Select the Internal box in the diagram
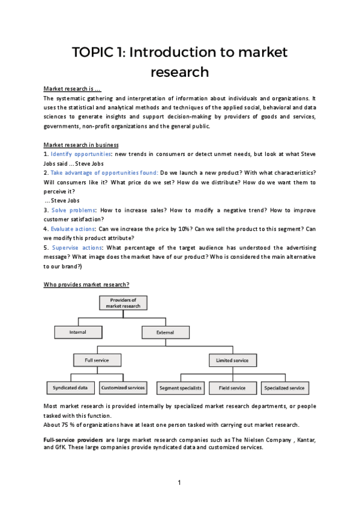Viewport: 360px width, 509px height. pos(78,332)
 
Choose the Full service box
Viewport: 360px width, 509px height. pos(97,360)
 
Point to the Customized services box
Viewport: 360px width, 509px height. pos(122,388)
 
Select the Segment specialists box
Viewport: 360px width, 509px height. pos(181,388)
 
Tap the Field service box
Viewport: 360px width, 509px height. pos(232,388)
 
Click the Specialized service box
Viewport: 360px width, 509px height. pos(284,388)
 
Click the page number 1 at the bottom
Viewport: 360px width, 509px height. pos(179,483)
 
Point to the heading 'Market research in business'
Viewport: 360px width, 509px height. pos(81,145)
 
